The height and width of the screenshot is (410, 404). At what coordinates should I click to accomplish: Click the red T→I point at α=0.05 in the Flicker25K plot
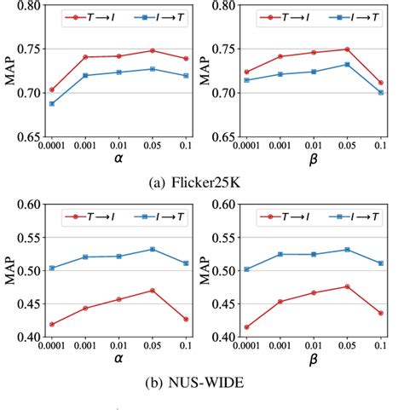pyautogui.click(x=153, y=50)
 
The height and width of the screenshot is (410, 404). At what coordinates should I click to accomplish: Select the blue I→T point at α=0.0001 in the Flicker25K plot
pyautogui.click(x=50, y=103)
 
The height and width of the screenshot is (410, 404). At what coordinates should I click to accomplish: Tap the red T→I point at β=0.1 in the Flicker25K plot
pyautogui.click(x=380, y=83)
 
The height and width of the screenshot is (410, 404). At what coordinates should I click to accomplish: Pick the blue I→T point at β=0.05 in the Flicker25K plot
pyautogui.click(x=347, y=64)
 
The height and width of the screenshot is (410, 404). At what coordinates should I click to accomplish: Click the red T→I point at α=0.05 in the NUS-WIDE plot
pyautogui.click(x=153, y=291)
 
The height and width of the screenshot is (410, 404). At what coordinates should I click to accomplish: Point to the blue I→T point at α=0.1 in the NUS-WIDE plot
pyautogui.click(x=186, y=263)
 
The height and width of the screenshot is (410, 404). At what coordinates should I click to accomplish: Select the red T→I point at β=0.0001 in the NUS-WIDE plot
pyautogui.click(x=246, y=327)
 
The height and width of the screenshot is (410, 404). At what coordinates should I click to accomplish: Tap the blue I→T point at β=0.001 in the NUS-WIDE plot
pyautogui.click(x=280, y=254)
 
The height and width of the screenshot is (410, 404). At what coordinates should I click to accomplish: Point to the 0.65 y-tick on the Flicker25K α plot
pyautogui.click(x=29, y=136)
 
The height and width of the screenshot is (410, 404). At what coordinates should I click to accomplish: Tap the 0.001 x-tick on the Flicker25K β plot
pyautogui.click(x=280, y=144)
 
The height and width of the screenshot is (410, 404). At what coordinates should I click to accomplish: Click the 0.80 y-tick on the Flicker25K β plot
pyautogui.click(x=224, y=5)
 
